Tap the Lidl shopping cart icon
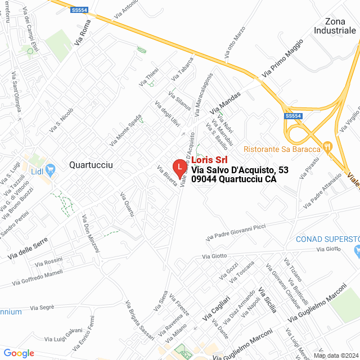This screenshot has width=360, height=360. click(x=51, y=169)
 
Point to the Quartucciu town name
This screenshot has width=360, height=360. click(x=91, y=165)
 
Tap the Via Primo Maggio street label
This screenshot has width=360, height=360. click(x=282, y=58)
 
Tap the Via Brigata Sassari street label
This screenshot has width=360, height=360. click(x=139, y=320)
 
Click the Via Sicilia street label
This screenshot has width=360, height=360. click(x=267, y=300)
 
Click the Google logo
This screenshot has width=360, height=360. click(x=19, y=353)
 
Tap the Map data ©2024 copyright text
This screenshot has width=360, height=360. click(x=335, y=355)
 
